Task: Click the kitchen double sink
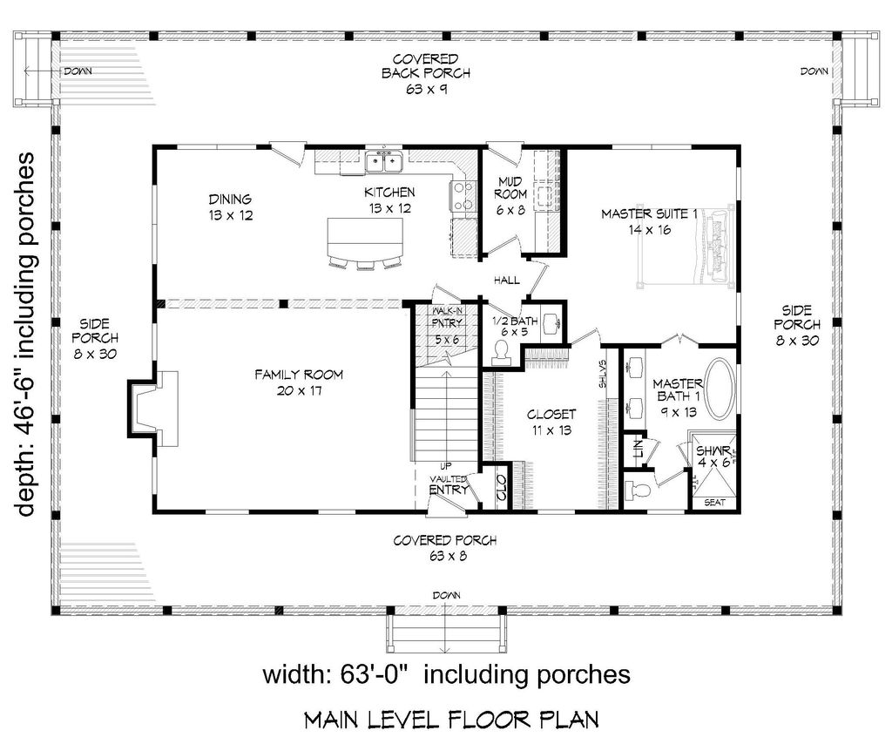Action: (384, 162)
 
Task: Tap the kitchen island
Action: (365, 238)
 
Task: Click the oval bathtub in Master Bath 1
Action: (720, 389)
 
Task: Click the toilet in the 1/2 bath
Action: (501, 351)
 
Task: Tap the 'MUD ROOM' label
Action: (510, 187)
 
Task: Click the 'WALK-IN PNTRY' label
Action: (447, 317)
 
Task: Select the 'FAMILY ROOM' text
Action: (299, 375)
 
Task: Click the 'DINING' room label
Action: (230, 200)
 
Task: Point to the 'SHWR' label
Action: (713, 450)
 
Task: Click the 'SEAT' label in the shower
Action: (714, 503)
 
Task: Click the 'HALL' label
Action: (506, 280)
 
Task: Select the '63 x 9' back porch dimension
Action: (426, 89)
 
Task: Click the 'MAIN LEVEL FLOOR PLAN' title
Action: (452, 720)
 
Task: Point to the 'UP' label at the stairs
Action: (446, 466)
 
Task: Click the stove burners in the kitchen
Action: (463, 196)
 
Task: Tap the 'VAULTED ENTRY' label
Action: (449, 484)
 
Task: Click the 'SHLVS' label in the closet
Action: (603, 374)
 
